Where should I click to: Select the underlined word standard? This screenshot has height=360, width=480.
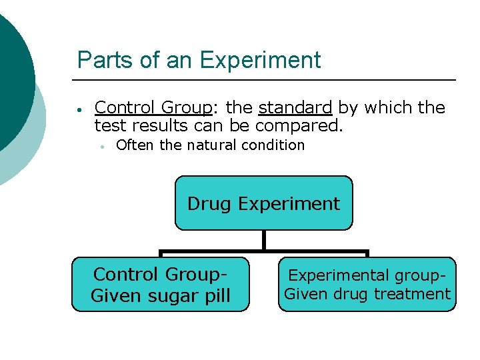click(x=295, y=107)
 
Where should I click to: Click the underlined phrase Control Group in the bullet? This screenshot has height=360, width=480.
click(x=153, y=107)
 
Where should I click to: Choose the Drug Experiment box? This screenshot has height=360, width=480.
click(x=263, y=203)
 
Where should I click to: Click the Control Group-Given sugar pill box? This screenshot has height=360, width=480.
click(x=160, y=285)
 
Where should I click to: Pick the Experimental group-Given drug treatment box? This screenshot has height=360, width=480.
click(x=367, y=285)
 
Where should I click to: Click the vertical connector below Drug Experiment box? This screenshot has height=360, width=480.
click(x=264, y=240)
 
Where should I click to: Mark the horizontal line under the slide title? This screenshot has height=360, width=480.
click(x=267, y=80)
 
